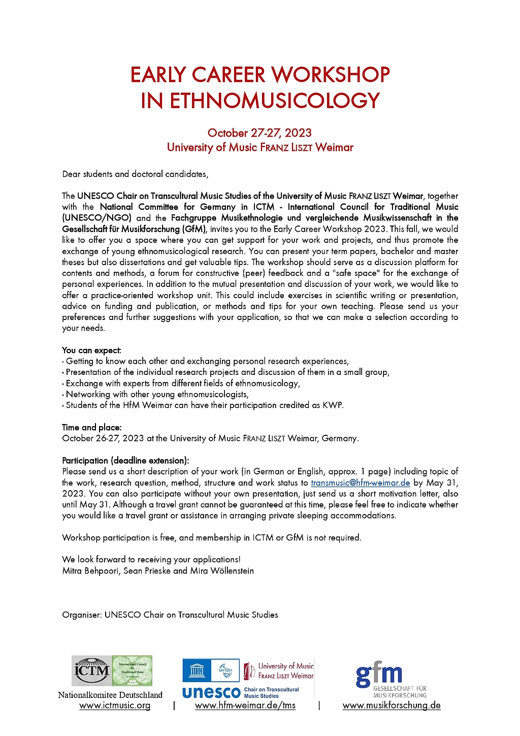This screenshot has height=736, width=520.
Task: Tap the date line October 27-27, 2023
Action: click(x=259, y=133)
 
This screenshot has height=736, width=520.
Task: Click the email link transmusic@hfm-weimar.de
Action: click(x=360, y=483)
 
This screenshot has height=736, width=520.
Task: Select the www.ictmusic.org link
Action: click(x=115, y=706)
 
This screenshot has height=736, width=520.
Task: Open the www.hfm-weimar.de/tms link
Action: click(x=245, y=706)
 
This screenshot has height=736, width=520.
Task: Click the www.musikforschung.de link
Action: click(x=392, y=706)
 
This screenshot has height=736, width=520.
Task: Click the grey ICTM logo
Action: click(x=92, y=670)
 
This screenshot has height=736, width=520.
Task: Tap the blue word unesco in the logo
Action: click(x=211, y=692)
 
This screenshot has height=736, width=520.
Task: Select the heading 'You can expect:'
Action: click(x=91, y=350)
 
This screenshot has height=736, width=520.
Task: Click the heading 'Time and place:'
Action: click(x=92, y=428)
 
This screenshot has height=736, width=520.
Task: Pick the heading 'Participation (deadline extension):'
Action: click(x=125, y=461)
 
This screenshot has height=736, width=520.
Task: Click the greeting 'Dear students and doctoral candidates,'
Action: click(x=135, y=174)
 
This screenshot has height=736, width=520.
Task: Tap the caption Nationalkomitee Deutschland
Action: click(x=110, y=695)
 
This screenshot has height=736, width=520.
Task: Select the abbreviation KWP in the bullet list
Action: click(x=332, y=405)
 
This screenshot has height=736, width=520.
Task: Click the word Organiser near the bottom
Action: click(x=81, y=615)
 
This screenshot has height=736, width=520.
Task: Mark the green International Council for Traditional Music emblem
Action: click(x=132, y=670)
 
